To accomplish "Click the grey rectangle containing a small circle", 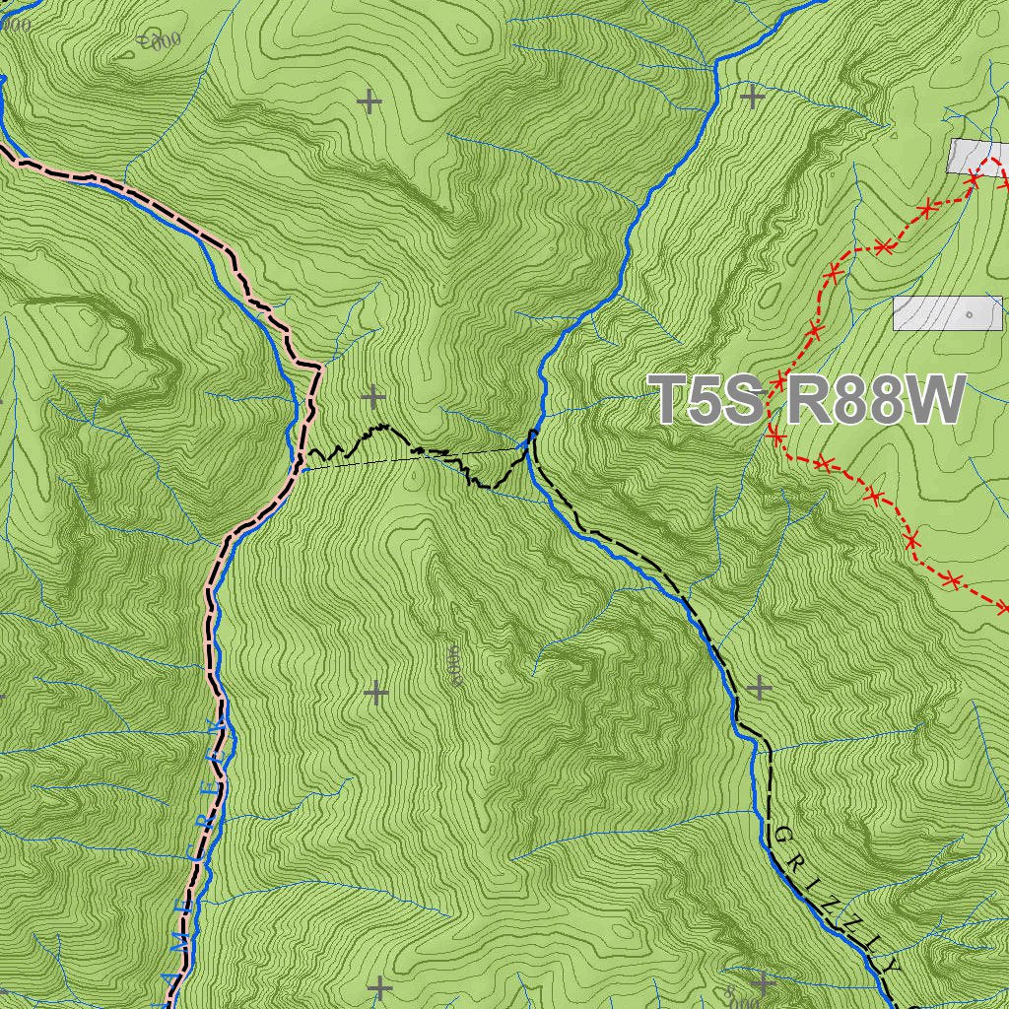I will point(947,313).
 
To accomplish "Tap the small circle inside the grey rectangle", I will point(970,314).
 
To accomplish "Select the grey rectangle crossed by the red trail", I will point(979,156).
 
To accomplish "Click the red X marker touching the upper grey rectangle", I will point(974,176).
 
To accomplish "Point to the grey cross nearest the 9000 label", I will point(375,693).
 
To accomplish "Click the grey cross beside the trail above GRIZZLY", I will point(758,687).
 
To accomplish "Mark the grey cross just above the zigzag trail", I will point(372,397).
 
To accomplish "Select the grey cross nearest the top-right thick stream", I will point(752,97).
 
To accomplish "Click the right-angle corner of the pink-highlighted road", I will point(320,368).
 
